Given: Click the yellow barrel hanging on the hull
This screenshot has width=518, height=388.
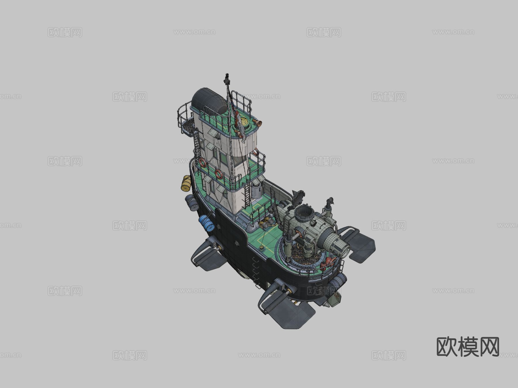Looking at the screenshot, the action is [186, 183].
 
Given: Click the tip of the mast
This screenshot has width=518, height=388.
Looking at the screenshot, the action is [227, 74].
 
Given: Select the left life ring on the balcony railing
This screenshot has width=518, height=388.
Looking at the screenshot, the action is [203, 163].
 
